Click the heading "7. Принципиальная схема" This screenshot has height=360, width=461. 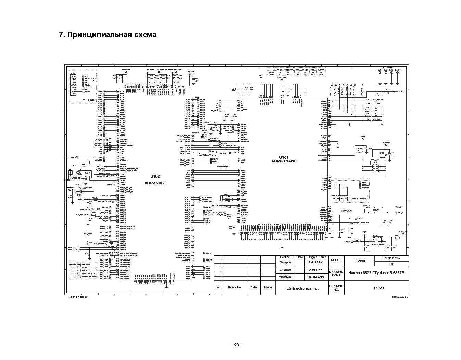pyautogui.click(x=108, y=35)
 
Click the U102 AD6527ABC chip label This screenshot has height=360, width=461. pyautogui.click(x=155, y=179)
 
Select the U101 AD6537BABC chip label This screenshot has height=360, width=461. pyautogui.click(x=284, y=159)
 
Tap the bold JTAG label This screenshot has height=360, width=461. pyautogui.click(x=91, y=100)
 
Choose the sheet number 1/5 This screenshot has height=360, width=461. pyautogui.click(x=391, y=263)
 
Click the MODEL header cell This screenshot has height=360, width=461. pyautogui.click(x=336, y=260)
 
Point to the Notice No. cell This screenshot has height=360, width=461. pyautogui.click(x=235, y=287)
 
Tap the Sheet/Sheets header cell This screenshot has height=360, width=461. pyautogui.click(x=391, y=258)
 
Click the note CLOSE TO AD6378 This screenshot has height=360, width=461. pyautogui.click(x=359, y=198)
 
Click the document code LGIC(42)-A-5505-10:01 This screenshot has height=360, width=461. pyautogui.click(x=79, y=297)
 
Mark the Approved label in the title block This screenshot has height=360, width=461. pyautogui.click(x=285, y=277)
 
